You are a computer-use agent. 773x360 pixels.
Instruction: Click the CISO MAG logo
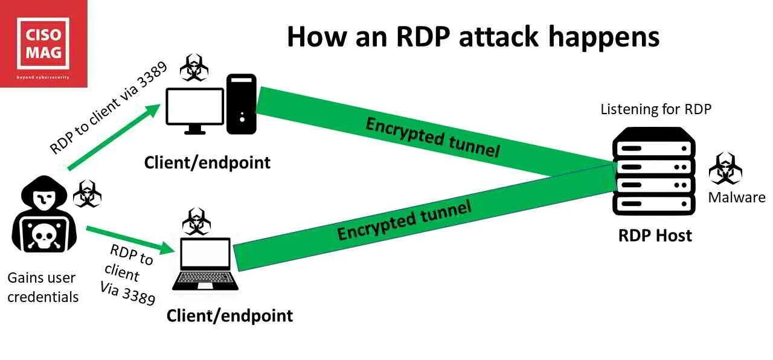click(x=43, y=43)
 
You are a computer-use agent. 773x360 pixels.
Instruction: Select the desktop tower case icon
click(x=242, y=104)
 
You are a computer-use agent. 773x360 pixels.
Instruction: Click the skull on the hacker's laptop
click(x=42, y=237)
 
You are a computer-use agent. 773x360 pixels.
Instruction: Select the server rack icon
click(x=652, y=172)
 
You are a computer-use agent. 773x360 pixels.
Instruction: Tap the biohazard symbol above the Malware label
click(x=725, y=169)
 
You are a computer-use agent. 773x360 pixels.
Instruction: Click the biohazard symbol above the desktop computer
click(x=194, y=68)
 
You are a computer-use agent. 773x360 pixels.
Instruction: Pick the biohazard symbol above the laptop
click(x=196, y=222)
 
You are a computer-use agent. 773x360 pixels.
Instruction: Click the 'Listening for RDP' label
click(x=656, y=109)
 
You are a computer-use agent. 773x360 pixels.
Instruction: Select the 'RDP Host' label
click(x=655, y=235)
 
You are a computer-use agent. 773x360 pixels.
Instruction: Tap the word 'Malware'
click(x=736, y=198)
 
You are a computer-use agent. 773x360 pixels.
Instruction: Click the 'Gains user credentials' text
click(x=42, y=287)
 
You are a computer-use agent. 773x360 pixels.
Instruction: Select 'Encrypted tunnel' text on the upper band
click(x=432, y=137)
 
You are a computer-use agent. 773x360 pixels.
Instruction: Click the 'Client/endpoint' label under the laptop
click(x=229, y=315)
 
